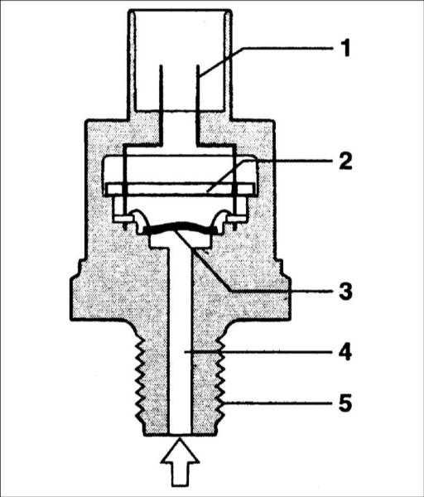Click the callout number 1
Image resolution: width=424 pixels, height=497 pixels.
[346, 49]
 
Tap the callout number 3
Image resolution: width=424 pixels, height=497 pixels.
[345, 291]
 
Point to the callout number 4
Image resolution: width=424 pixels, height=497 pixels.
[345, 351]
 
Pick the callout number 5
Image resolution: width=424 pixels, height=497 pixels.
[345, 403]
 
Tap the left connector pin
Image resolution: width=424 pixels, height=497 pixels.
[161, 104]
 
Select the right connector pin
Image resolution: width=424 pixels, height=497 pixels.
[197, 104]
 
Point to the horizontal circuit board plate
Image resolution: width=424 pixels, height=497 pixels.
[180, 189]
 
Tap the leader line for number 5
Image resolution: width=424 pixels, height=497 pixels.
[278, 403]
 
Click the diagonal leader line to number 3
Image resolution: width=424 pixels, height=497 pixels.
[202, 260]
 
